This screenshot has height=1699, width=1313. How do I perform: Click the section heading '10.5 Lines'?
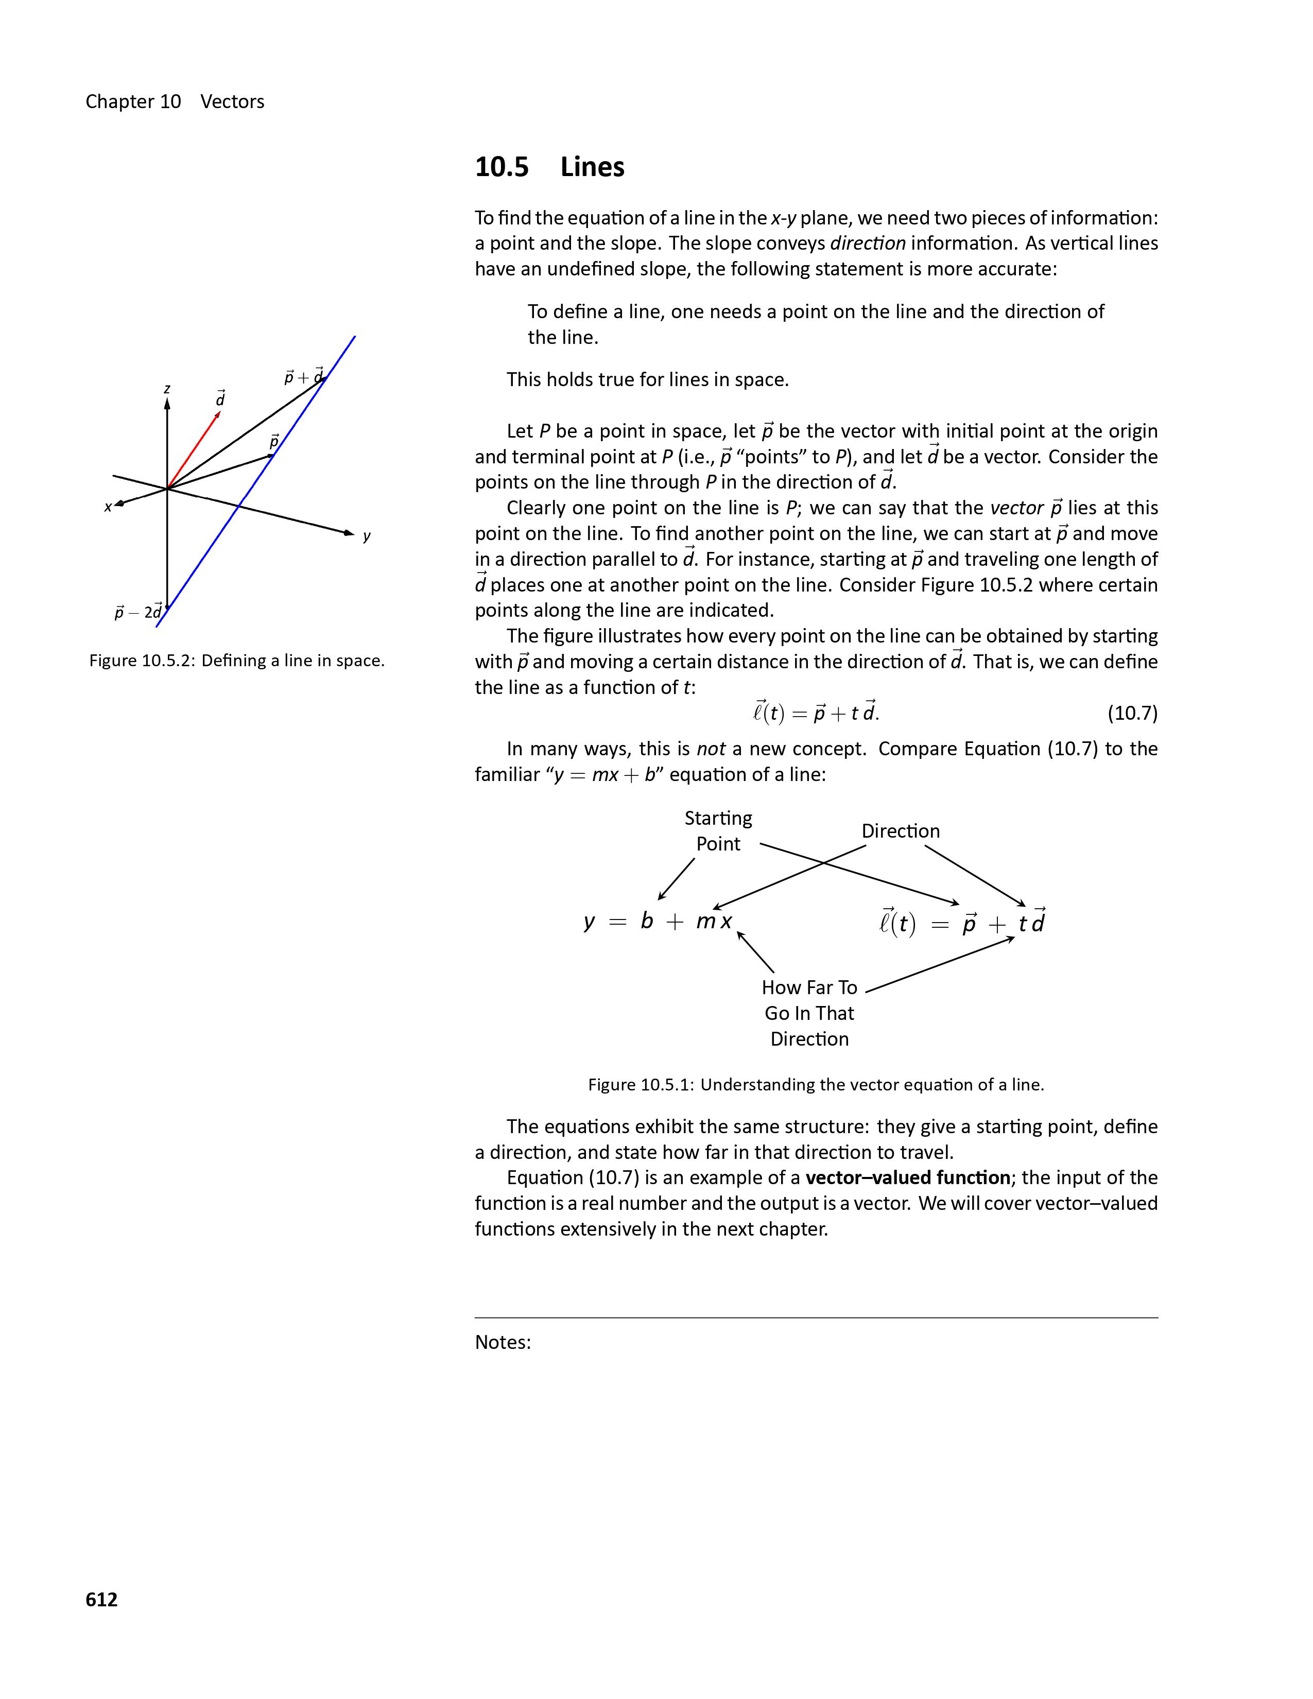[x=549, y=167]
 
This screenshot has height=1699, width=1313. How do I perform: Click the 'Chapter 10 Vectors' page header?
[x=175, y=102]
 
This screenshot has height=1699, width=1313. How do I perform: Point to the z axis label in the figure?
[x=167, y=388]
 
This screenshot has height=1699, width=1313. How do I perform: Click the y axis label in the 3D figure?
[x=367, y=535]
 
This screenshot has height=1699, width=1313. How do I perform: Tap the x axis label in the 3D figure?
[x=108, y=507]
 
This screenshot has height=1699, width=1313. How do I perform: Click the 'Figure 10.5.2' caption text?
[x=236, y=661]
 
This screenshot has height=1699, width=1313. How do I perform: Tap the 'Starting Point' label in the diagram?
[x=718, y=831]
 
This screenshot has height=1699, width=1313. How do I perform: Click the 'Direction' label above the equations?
[x=900, y=831]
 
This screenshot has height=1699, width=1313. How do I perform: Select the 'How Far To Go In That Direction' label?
[x=809, y=1013]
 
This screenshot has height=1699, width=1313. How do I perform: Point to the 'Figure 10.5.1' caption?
[x=815, y=1084]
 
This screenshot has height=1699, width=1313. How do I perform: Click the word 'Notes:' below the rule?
[x=503, y=1343]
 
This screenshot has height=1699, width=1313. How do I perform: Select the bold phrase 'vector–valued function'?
[x=908, y=1178]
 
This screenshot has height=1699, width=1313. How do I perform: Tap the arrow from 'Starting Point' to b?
[x=676, y=879]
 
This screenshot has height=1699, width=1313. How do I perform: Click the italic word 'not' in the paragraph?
[x=710, y=749]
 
